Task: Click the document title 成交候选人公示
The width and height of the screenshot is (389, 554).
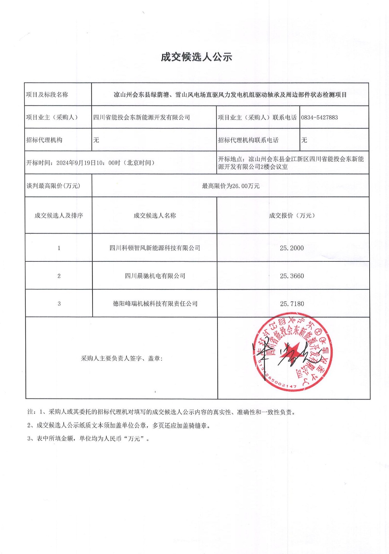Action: tap(196, 57)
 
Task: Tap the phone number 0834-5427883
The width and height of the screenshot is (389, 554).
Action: tap(319, 117)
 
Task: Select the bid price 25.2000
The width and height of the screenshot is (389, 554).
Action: tap(292, 248)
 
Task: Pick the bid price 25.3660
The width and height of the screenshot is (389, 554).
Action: tap(292, 276)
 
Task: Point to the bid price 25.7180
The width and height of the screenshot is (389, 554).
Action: tap(292, 304)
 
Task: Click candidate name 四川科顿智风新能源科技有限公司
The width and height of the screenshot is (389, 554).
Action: tap(155, 248)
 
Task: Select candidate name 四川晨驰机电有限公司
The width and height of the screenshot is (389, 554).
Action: tap(155, 276)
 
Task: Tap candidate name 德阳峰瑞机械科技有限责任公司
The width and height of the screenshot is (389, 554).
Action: tap(155, 304)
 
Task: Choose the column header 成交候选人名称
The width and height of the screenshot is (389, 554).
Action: tap(155, 215)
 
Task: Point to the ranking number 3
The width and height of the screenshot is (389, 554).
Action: tap(59, 304)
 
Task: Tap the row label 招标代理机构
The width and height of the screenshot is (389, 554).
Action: tap(44, 140)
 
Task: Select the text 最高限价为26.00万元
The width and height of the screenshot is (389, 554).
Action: tap(231, 186)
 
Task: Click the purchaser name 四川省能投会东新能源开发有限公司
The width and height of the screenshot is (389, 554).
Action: tap(142, 117)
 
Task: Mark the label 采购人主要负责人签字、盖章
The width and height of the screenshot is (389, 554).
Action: tap(122, 358)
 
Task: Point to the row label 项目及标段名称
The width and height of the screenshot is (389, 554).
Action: tap(47, 95)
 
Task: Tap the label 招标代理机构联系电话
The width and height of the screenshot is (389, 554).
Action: tap(248, 140)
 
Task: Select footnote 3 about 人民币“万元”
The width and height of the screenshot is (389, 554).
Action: tap(89, 438)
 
